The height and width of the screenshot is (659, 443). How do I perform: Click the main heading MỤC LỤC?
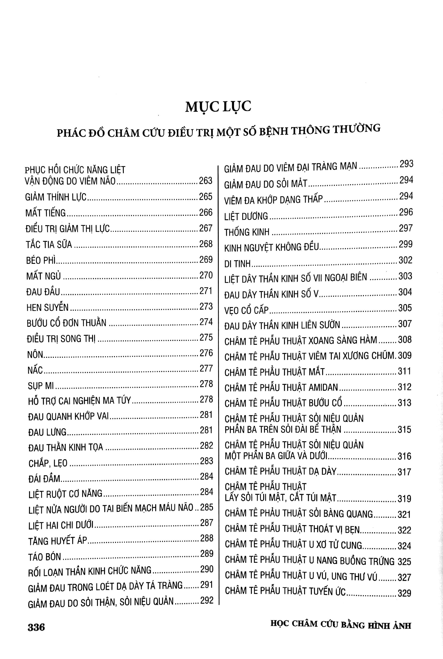(x=218, y=107)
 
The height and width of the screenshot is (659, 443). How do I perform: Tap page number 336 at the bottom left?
(x=36, y=627)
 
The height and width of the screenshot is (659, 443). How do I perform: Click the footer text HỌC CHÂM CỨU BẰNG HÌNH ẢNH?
(x=340, y=625)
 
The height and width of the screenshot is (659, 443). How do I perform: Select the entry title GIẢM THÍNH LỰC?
(x=56, y=197)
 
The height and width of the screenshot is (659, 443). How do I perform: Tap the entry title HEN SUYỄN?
(x=47, y=307)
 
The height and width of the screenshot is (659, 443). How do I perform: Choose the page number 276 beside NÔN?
(x=206, y=353)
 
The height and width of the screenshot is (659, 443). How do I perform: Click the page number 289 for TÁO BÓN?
(x=206, y=554)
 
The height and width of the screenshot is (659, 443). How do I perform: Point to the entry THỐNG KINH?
(x=247, y=232)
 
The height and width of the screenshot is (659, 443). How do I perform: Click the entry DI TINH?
(x=237, y=263)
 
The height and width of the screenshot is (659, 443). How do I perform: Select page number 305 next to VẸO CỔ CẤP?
(x=405, y=308)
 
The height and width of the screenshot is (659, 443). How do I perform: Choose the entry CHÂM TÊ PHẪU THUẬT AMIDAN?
(x=281, y=388)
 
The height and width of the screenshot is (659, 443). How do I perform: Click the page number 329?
(x=404, y=593)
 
